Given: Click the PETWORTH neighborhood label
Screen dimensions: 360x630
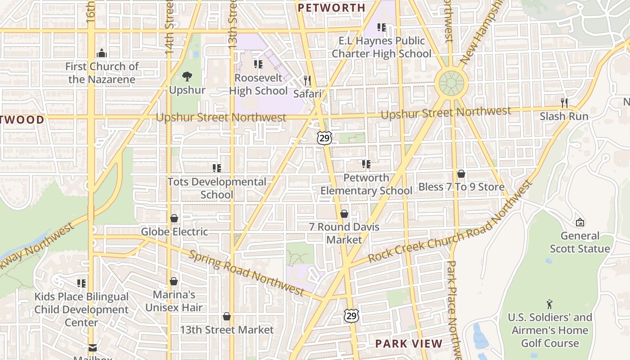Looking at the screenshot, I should [x=332, y=8].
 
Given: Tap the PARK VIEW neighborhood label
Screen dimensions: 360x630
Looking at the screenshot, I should [x=409, y=344].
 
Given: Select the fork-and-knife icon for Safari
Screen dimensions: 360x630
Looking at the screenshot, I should [x=308, y=80].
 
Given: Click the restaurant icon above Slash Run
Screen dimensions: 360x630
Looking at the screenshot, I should [x=564, y=103].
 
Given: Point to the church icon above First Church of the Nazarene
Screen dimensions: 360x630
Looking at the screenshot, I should [x=102, y=53].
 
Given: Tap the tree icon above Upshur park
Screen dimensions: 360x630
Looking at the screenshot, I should [x=187, y=76].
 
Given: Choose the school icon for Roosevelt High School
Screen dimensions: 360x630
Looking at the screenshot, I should [x=258, y=64].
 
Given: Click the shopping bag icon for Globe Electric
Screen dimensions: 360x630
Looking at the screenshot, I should [x=174, y=218].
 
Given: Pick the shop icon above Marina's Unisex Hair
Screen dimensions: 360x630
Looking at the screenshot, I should [x=174, y=281].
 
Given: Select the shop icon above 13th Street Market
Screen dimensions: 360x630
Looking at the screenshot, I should [x=227, y=316].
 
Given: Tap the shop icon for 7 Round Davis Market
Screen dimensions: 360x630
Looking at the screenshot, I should [x=344, y=214].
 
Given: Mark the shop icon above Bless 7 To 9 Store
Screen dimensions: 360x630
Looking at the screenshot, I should [x=461, y=173].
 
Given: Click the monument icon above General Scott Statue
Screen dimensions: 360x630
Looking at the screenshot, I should [x=580, y=222].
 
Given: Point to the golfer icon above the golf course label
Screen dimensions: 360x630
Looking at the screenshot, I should [x=549, y=304].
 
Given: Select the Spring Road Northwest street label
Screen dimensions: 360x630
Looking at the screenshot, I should [x=246, y=273].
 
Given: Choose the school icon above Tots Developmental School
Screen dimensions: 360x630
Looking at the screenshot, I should [x=217, y=168].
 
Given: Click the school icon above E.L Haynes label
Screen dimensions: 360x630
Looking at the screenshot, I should [x=382, y=27].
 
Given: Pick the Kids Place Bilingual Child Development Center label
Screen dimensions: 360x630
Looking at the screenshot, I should [x=81, y=310].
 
